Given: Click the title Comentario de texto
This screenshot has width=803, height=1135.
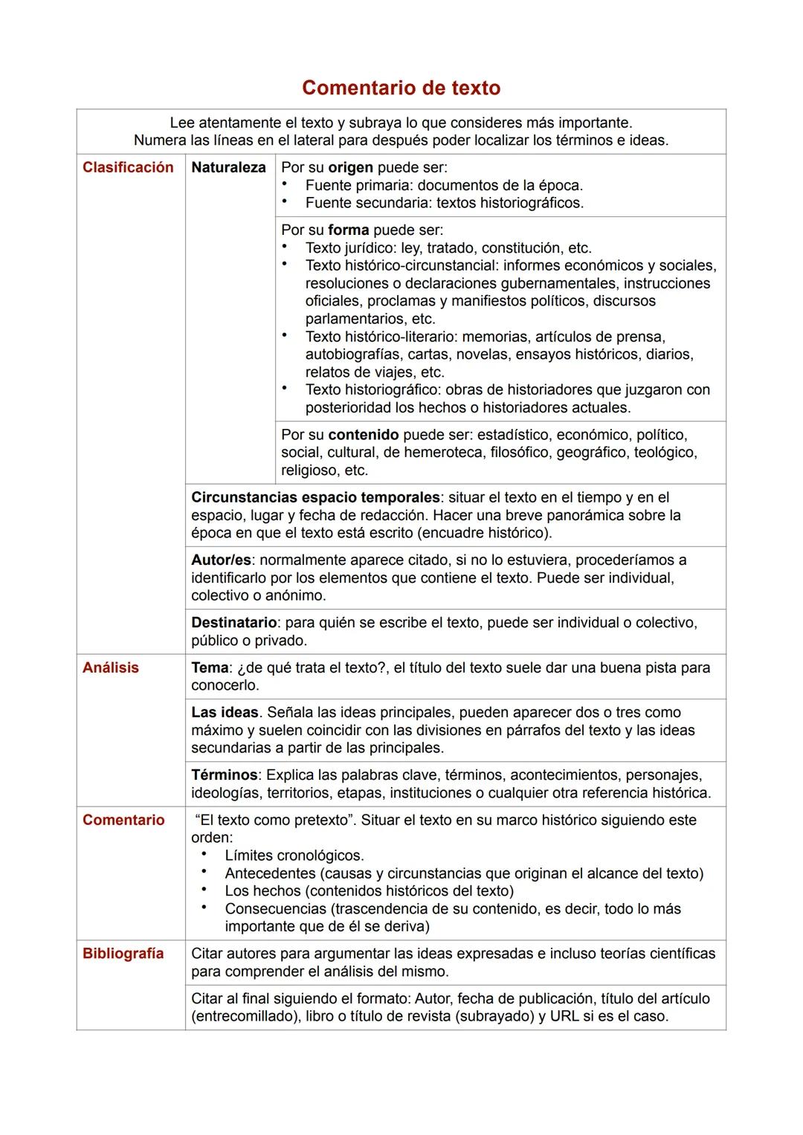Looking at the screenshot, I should click(401, 88).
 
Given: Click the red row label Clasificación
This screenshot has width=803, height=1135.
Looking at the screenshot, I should click(128, 167).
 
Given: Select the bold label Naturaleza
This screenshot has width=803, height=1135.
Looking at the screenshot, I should click(228, 167).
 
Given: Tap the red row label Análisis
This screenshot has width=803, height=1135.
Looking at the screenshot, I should click(111, 667).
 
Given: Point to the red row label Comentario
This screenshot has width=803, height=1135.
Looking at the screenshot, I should click(123, 820).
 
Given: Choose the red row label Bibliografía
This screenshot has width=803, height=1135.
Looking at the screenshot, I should click(123, 954).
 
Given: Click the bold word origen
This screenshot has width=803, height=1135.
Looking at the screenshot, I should click(350, 167).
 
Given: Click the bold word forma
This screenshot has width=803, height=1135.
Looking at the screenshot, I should click(348, 230).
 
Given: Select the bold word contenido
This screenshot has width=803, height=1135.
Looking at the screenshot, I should click(363, 434).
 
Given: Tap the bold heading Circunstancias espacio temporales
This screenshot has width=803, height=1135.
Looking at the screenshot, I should click(315, 497).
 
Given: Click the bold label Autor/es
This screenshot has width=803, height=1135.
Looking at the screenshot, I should click(221, 560).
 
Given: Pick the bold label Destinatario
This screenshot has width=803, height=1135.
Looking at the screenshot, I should click(233, 622).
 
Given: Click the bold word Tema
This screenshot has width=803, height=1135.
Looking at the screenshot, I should click(209, 667).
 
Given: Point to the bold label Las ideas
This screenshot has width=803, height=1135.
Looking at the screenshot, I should click(225, 712).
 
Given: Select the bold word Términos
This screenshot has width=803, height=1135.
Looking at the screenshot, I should click(224, 775).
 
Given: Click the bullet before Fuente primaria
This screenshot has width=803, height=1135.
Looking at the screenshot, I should click(285, 184).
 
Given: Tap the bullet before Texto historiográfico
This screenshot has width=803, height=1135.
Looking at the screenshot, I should click(285, 388).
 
